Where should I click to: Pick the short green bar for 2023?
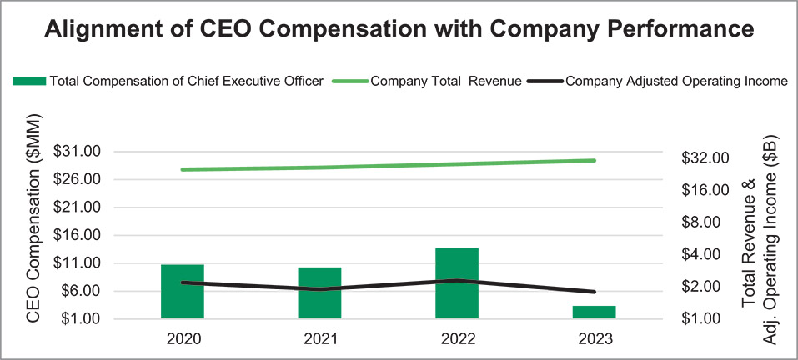tap(594, 312)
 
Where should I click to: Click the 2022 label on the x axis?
tap(457, 339)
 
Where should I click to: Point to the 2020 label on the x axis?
tap(183, 339)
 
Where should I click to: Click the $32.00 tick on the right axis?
tap(705, 157)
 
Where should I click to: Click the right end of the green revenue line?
tap(594, 160)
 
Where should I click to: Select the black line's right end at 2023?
tap(594, 292)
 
